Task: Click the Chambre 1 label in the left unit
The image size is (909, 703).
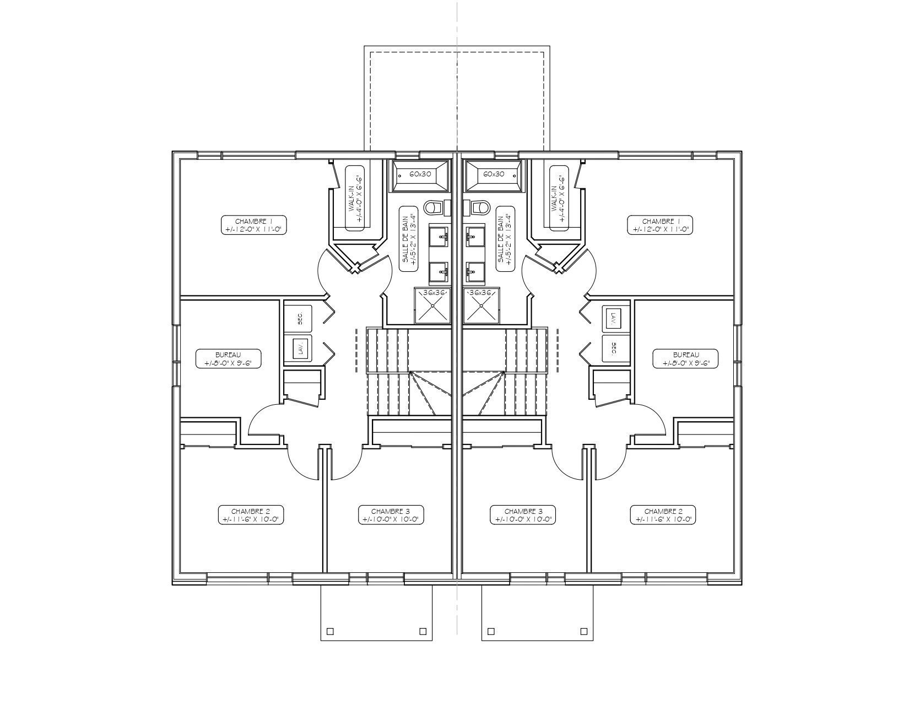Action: tap(253, 225)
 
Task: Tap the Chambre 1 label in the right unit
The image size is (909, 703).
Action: tap(660, 225)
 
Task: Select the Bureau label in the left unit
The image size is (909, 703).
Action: tap(229, 359)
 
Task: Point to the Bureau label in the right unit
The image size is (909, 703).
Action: tap(686, 359)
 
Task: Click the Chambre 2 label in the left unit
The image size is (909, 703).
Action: tap(251, 515)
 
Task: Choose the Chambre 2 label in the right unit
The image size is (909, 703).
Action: tap(663, 515)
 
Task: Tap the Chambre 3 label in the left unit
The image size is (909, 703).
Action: tap(391, 515)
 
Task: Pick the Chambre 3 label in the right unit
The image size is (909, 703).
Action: tap(523, 515)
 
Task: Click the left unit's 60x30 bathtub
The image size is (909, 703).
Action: tap(420, 176)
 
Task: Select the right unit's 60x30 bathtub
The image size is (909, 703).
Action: tap(494, 176)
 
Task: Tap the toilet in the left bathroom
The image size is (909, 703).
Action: tap(434, 207)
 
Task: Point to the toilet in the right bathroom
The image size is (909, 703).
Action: tap(480, 207)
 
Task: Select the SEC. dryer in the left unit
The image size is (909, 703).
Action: tap(298, 319)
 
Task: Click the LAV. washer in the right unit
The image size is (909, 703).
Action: tap(616, 319)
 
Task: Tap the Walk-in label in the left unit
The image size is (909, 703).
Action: tap(355, 198)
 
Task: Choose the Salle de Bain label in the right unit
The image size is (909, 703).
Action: tap(505, 239)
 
